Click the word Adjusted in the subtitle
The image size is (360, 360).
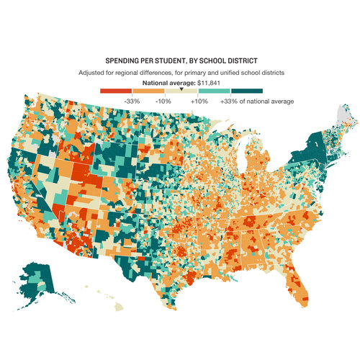pyautogui.click(x=91, y=73)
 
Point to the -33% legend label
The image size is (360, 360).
pyautogui.click(x=132, y=101)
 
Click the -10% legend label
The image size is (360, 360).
pyautogui.click(x=163, y=101)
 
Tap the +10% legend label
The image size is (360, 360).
pyautogui.click(x=199, y=101)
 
